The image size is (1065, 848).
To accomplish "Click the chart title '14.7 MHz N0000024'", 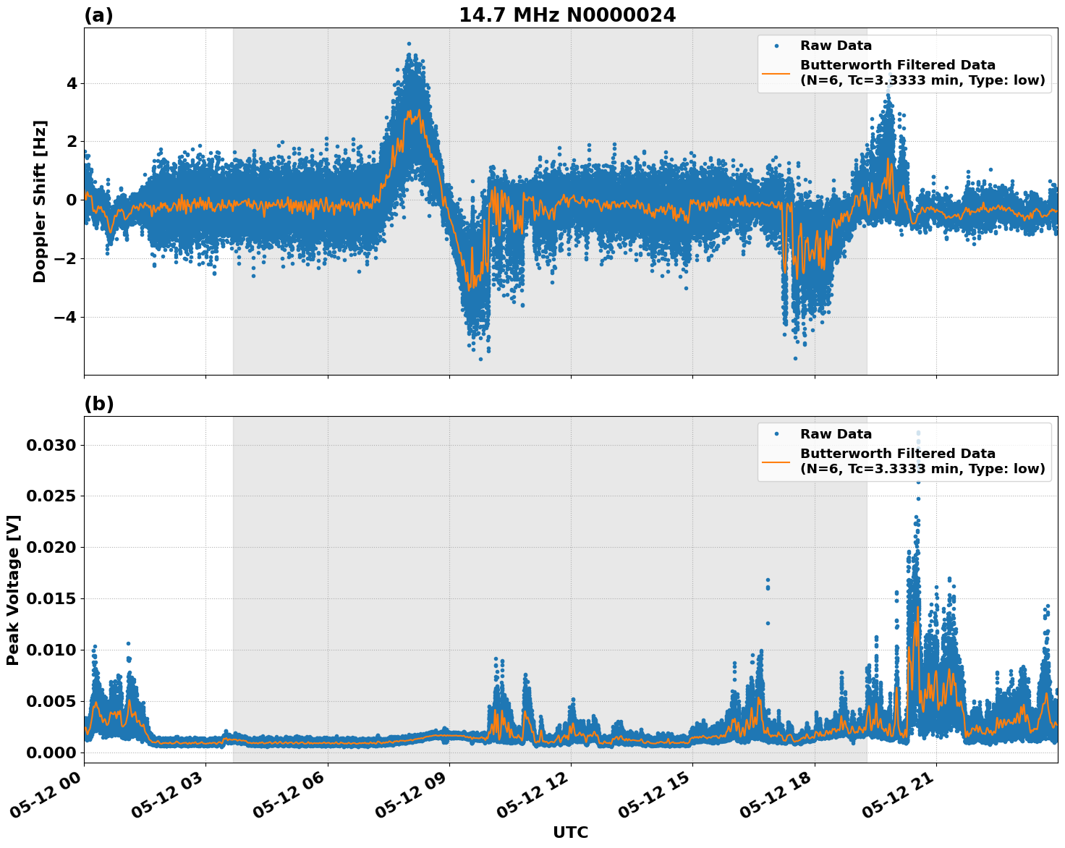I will pos(567,15).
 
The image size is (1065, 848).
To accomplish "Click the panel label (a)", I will pos(98,15).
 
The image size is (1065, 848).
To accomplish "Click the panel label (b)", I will pos(98,404).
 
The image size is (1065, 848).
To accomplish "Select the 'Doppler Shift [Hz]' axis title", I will pos(40,201).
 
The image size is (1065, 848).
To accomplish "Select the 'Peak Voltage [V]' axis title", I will pos(13,590).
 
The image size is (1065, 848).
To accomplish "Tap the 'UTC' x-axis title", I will pos(570,832).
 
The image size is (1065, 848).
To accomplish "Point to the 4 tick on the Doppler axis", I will pos(71,83).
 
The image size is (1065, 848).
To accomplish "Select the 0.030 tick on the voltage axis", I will pos(51,445).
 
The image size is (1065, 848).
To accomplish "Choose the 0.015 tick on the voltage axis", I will pos(51,598).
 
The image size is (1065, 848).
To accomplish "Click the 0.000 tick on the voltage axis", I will pos(51,752).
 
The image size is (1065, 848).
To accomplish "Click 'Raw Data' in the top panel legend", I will pos(836,46).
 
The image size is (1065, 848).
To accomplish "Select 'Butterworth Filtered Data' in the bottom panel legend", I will pos(897,454).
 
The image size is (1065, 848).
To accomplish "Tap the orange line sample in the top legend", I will pos(776,72).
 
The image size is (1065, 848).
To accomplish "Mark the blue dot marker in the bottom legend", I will pos(776,434).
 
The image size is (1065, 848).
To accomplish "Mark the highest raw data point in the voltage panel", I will pos(919,433).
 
